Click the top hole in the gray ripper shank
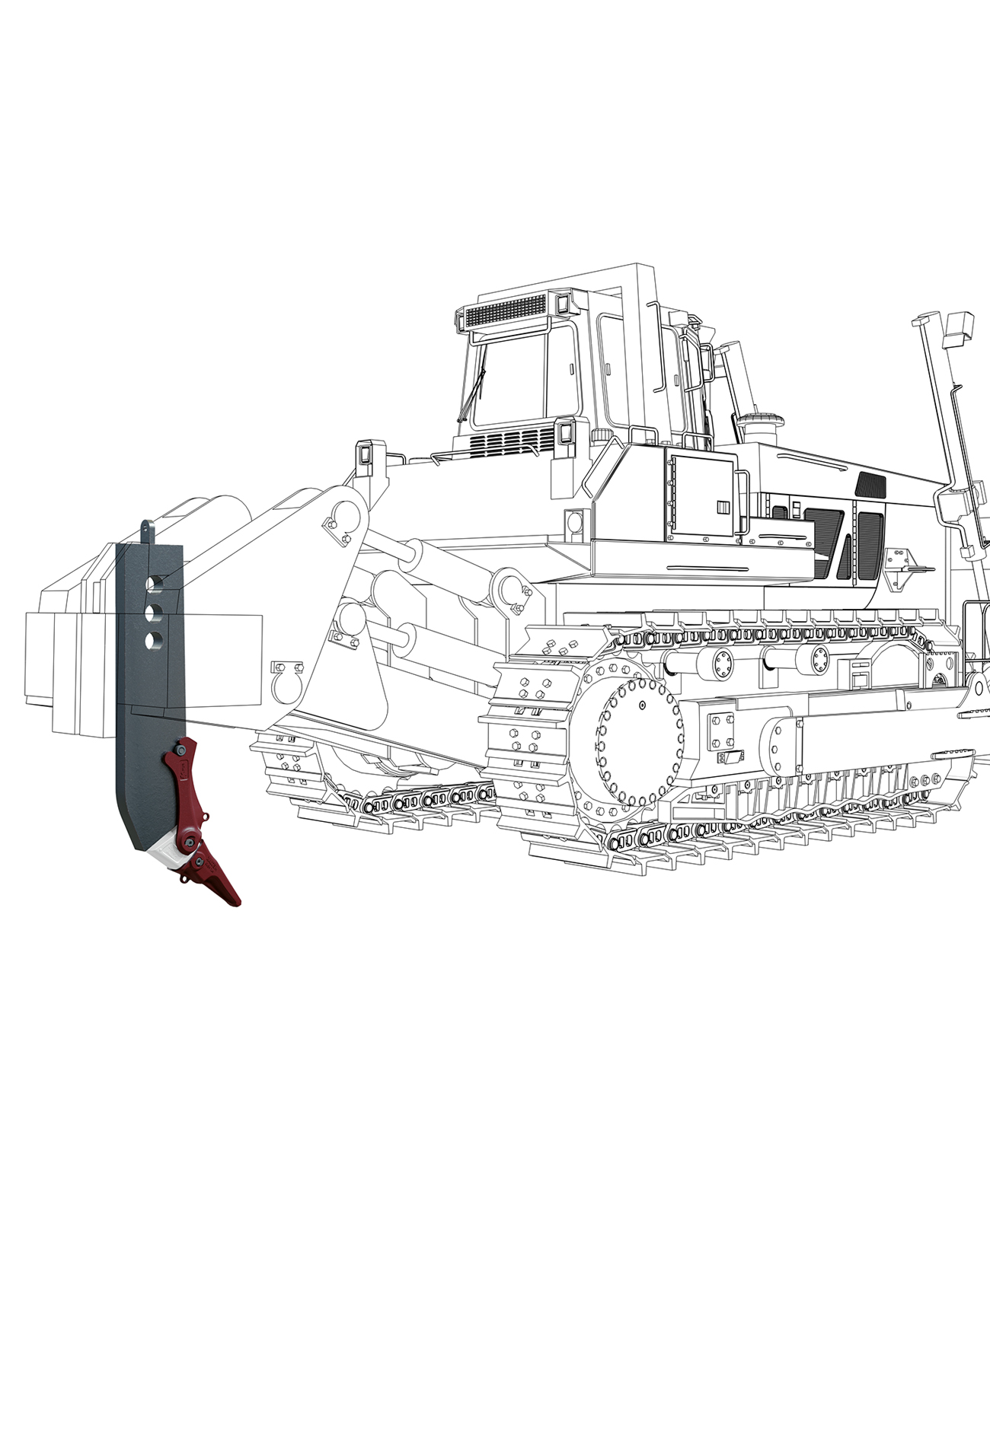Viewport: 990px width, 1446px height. tap(156, 583)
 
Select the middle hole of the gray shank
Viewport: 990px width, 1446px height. tap(155, 612)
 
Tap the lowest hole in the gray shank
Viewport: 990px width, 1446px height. tap(154, 640)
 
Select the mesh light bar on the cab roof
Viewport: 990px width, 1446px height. tap(505, 311)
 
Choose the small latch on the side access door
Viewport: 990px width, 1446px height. tap(720, 505)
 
